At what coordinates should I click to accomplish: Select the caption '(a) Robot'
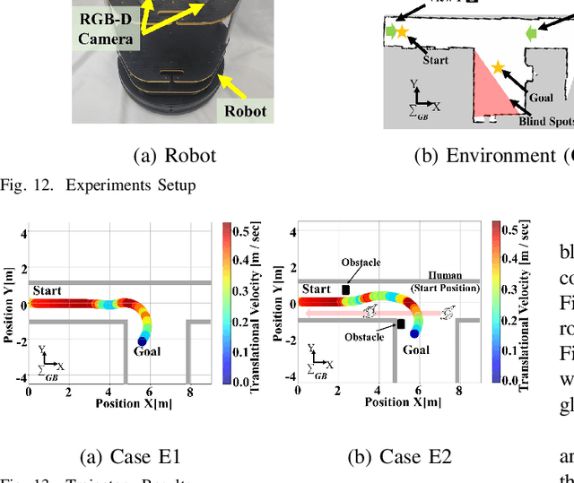point(174,155)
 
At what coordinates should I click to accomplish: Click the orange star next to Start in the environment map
point(402,32)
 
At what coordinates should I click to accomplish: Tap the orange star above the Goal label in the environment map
point(498,67)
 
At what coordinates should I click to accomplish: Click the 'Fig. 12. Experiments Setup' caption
point(98,185)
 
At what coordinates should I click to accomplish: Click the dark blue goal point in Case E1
point(142,341)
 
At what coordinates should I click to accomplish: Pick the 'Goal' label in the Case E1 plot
point(147,352)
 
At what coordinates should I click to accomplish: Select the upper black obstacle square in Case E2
point(345,289)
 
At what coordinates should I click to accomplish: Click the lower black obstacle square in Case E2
point(401,323)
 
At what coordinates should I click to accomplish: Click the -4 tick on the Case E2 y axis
point(287,377)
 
